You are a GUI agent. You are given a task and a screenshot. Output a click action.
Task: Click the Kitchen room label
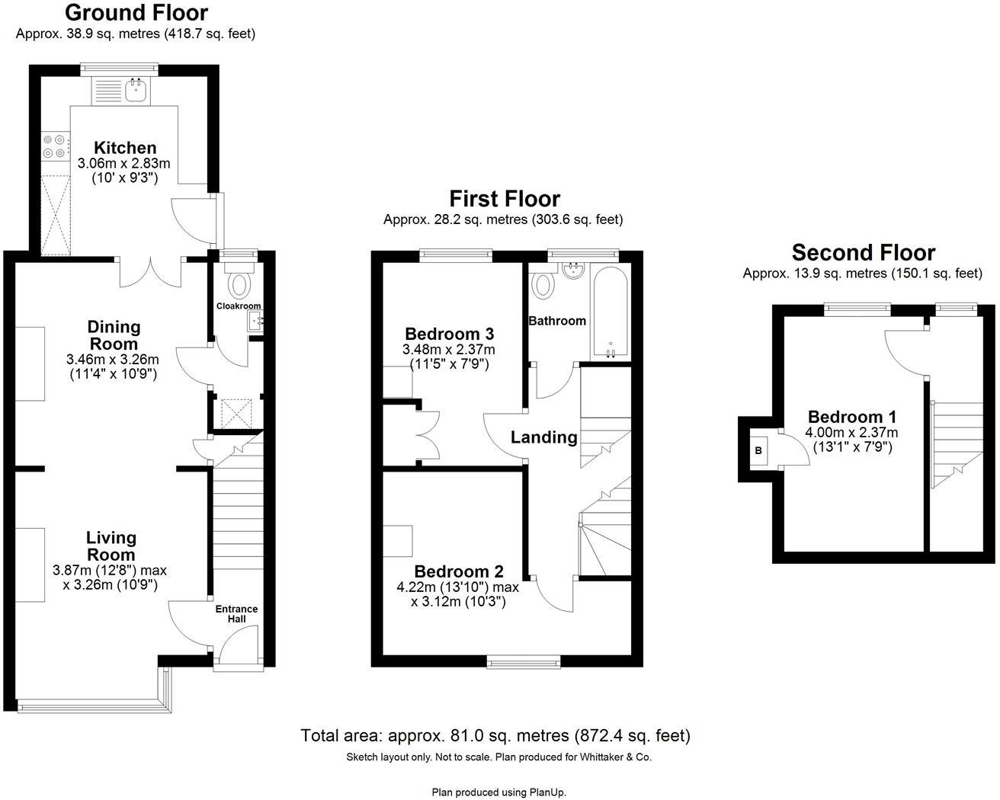click(124, 148)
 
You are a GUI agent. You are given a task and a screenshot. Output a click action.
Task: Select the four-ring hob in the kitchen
click(54, 146)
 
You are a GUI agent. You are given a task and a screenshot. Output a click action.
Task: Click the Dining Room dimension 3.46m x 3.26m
click(113, 360)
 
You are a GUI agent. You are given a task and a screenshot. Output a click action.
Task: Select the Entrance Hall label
click(236, 614)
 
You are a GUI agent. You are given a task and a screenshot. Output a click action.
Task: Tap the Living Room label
click(111, 546)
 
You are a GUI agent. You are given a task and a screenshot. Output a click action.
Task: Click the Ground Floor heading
click(136, 13)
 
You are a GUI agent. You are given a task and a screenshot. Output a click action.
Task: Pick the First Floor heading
click(504, 199)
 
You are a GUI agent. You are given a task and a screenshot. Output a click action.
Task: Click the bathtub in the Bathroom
click(610, 312)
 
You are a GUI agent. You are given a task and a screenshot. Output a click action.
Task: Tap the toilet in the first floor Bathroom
click(543, 283)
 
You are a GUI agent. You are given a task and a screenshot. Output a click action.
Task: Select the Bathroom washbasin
click(572, 270)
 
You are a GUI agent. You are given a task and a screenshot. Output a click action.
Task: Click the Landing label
click(543, 437)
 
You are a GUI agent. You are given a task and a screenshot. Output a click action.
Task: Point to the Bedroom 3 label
click(449, 334)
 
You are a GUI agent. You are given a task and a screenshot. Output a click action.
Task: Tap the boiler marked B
click(758, 450)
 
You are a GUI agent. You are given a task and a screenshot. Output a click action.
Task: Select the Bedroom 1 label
click(851, 417)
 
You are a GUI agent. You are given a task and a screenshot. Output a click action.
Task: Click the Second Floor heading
click(863, 252)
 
